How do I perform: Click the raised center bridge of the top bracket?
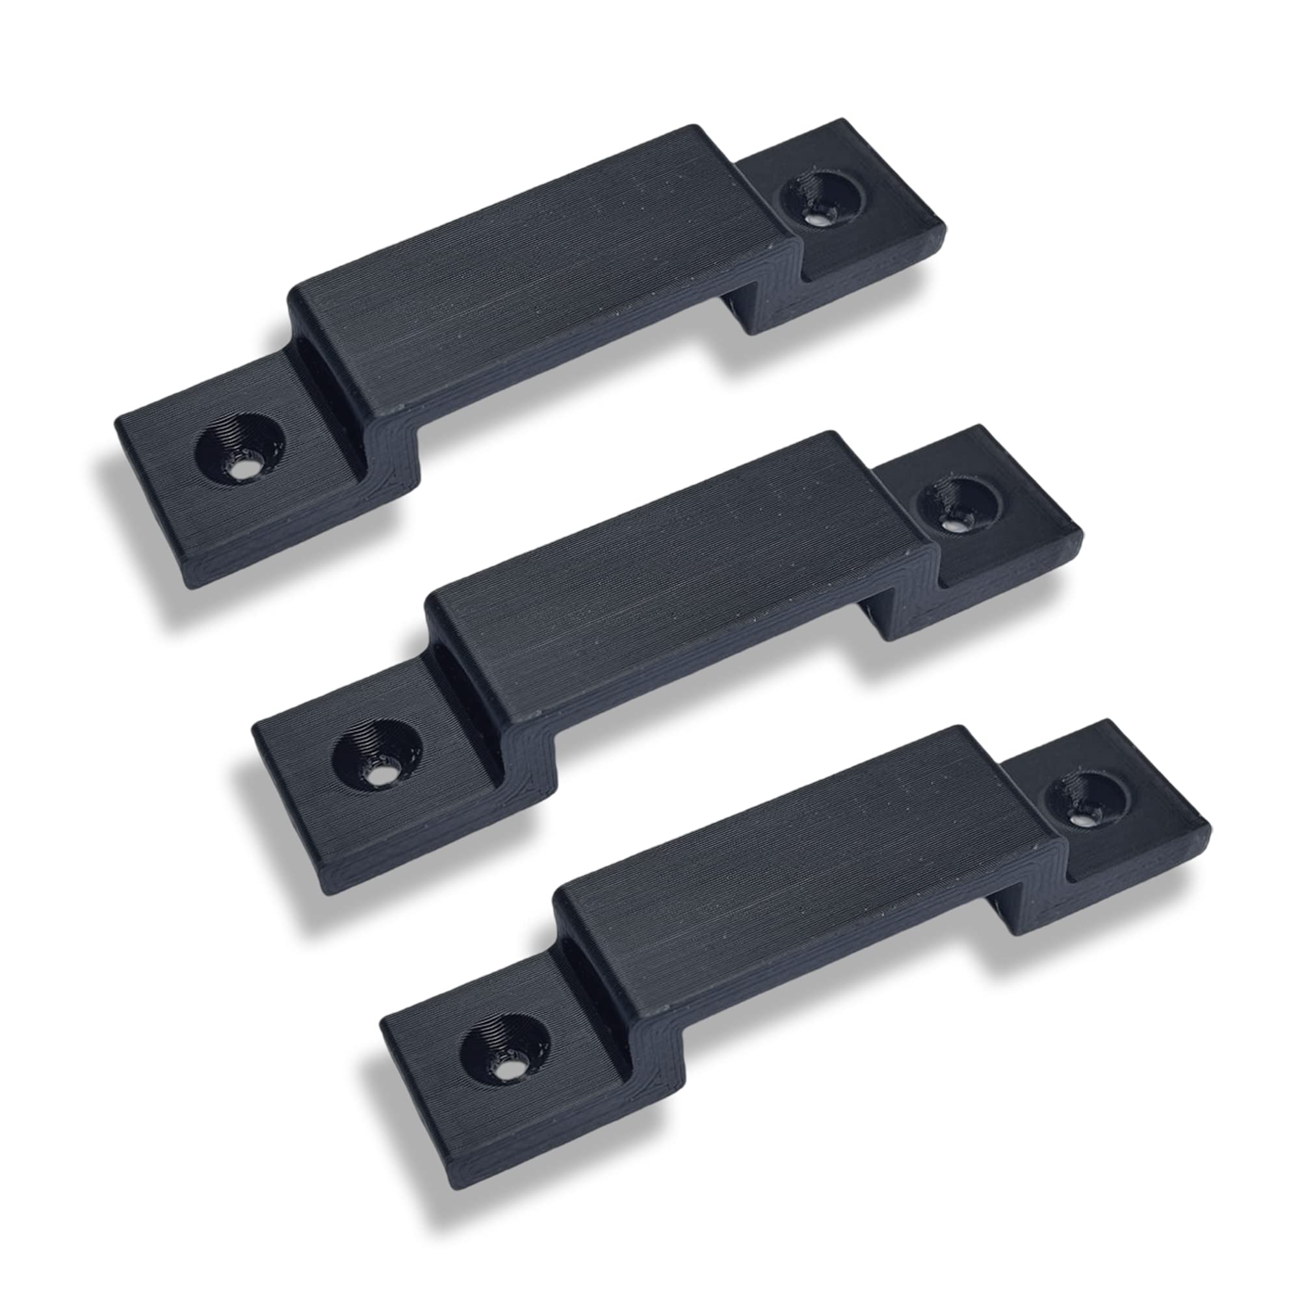(538, 269)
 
